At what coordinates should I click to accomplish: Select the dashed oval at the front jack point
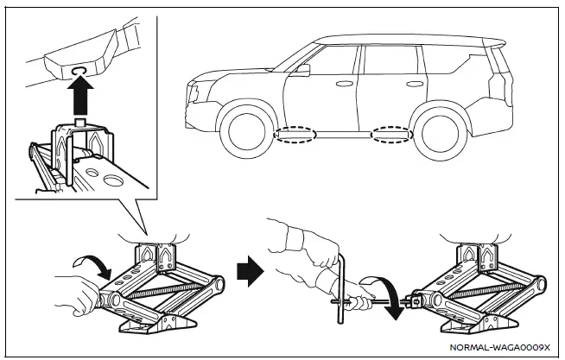[x=293, y=135]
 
